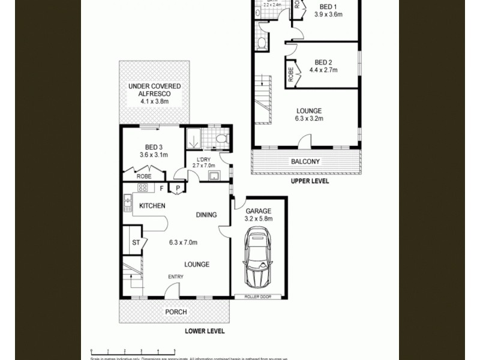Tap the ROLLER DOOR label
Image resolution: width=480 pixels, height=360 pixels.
(x=259, y=296)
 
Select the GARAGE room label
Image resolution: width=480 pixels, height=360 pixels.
(x=259, y=211)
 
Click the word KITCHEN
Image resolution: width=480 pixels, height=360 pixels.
(x=152, y=206)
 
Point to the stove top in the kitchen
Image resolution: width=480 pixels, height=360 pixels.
(x=143, y=188)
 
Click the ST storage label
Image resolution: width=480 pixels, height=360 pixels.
(x=136, y=243)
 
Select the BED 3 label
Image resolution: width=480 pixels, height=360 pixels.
(x=154, y=147)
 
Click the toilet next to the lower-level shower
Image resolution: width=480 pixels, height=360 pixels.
(x=221, y=139)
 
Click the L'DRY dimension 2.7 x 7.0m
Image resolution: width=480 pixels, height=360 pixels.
(x=203, y=166)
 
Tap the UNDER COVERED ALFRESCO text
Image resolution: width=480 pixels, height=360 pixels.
(x=154, y=91)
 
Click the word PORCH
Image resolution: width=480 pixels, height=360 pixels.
(x=176, y=312)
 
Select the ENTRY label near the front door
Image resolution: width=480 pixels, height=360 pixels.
(x=176, y=276)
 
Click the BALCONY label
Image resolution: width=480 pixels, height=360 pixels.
(x=305, y=161)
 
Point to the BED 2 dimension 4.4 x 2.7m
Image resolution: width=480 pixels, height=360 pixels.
(x=323, y=70)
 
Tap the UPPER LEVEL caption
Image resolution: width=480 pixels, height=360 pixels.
(x=310, y=181)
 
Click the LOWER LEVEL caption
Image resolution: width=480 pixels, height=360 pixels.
(x=205, y=331)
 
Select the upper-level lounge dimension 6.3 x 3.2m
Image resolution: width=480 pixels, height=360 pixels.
(x=309, y=119)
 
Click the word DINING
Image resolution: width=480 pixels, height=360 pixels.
(x=206, y=215)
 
